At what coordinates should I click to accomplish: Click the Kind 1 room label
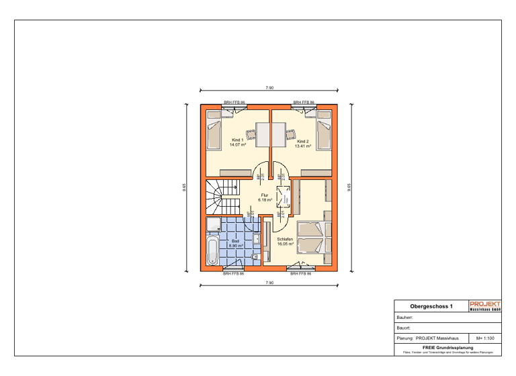[236, 142]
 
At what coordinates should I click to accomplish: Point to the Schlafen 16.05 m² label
[286, 242]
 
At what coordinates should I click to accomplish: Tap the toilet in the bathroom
[255, 257]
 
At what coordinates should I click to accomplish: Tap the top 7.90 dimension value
[269, 88]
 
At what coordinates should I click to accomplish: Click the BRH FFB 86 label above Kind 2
[303, 103]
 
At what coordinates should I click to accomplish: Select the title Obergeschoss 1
[431, 306]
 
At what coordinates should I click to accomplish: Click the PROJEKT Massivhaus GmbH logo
[484, 305]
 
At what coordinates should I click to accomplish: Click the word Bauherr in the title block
[404, 317]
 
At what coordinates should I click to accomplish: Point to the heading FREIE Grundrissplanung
[448, 347]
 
